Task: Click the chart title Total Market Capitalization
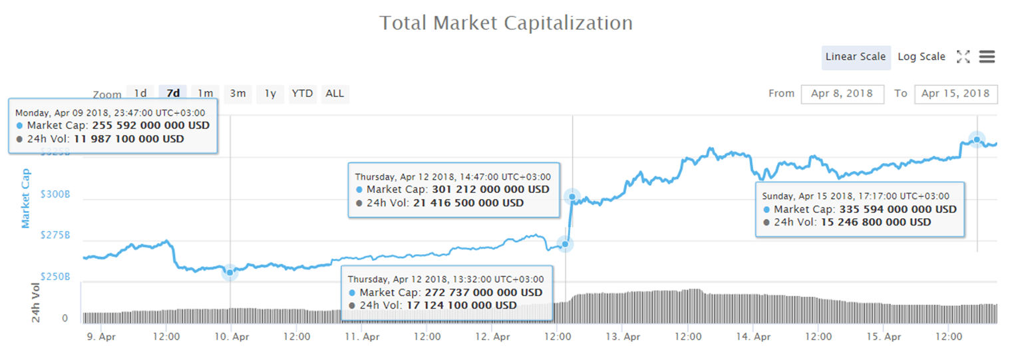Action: tap(506, 23)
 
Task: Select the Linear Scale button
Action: tap(855, 57)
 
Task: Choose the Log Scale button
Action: tap(921, 57)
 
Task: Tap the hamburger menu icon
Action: tap(987, 57)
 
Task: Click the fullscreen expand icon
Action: tap(963, 57)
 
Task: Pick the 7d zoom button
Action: tap(173, 94)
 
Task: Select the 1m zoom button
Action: tap(206, 94)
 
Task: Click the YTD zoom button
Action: tap(302, 94)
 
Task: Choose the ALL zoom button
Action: tap(335, 94)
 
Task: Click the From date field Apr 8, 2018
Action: tap(842, 94)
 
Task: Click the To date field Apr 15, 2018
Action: tap(955, 94)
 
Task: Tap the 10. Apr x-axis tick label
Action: tap(230, 337)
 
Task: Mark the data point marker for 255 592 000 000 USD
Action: tap(230, 272)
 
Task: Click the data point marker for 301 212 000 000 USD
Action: tap(572, 196)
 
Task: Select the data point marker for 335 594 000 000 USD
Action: tap(977, 139)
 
